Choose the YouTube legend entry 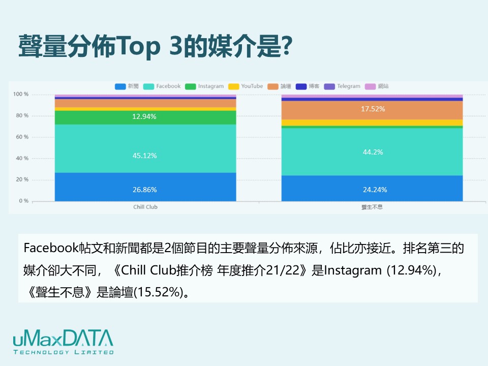coord(246,86)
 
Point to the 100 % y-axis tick coord(21,95)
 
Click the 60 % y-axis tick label coord(21,137)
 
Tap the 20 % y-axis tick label coord(21,179)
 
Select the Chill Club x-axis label coord(145,207)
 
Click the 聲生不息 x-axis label coord(372,207)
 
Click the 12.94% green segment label coord(145,116)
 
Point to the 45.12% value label coord(145,156)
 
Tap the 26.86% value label coord(145,190)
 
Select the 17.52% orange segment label coord(373,109)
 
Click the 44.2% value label coord(373,151)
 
